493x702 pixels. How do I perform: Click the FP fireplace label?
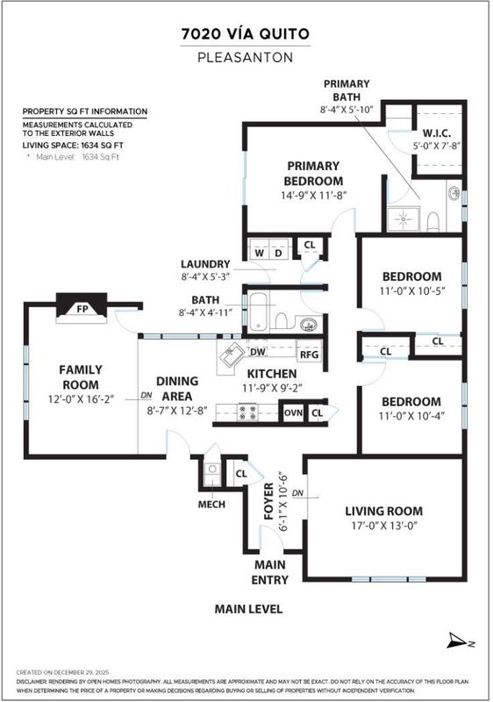pyautogui.click(x=82, y=309)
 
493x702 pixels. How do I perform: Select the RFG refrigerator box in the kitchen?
pyautogui.click(x=309, y=355)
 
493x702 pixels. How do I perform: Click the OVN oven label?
pyautogui.click(x=294, y=412)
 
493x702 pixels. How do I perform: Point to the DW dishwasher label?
pyautogui.click(x=258, y=352)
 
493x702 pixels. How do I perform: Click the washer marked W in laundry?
pyautogui.click(x=260, y=253)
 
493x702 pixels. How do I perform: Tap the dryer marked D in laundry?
pyautogui.click(x=278, y=253)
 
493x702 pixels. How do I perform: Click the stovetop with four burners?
pyautogui.click(x=247, y=412)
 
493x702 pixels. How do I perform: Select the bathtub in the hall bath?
pyautogui.click(x=258, y=312)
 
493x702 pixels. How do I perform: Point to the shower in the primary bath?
pyautogui.click(x=404, y=219)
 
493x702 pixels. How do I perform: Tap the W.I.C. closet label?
pyautogui.click(x=436, y=133)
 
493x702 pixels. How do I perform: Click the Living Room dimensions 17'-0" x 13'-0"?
pyautogui.click(x=384, y=525)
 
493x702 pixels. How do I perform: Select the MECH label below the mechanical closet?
pyautogui.click(x=211, y=505)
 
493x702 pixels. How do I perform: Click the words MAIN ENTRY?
pyautogui.click(x=270, y=572)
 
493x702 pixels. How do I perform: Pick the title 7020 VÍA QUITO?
pyautogui.click(x=246, y=34)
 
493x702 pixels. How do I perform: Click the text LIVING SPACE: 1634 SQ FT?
pyautogui.click(x=73, y=145)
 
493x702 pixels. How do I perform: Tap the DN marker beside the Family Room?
pyautogui.click(x=146, y=396)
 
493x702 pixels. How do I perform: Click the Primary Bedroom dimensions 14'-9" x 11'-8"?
pyautogui.click(x=314, y=196)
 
